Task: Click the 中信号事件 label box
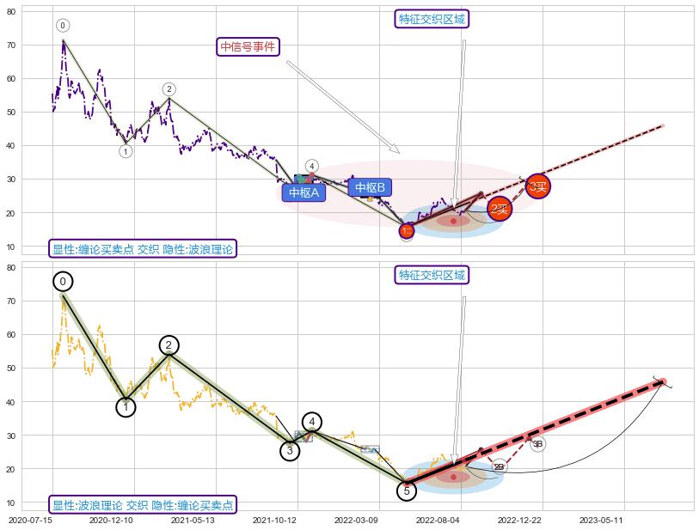tap(248, 47)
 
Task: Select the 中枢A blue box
tap(304, 193)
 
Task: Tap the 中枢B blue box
tap(370, 187)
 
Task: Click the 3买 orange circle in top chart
tap(538, 186)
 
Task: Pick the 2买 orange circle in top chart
tap(500, 209)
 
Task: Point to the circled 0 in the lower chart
tap(63, 282)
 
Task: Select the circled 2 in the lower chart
tap(169, 345)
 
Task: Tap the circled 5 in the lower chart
tap(408, 490)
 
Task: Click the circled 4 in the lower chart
tap(312, 422)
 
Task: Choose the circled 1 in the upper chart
tap(126, 151)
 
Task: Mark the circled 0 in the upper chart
tap(63, 26)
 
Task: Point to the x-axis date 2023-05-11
tap(602, 520)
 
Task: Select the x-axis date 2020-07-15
tap(31, 520)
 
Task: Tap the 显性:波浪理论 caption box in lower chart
tap(142, 505)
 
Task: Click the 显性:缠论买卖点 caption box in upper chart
tap(143, 249)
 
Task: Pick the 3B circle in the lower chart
tap(537, 444)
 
